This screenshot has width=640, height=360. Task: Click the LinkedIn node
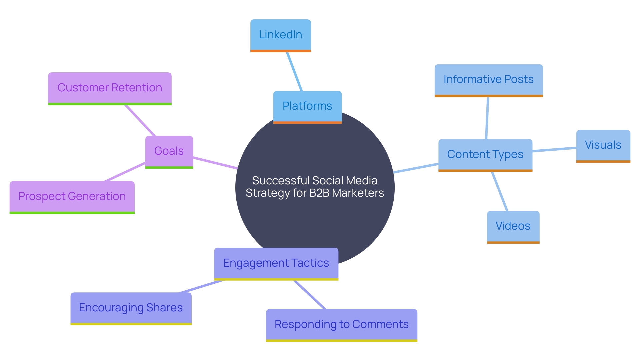pos(280,35)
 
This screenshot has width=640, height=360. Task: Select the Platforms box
pos(307,106)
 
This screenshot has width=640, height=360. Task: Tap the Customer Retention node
pos(110,88)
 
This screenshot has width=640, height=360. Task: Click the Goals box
pos(169,151)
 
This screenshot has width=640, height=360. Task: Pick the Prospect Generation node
pos(72,196)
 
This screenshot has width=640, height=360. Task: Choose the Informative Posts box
pos(488,80)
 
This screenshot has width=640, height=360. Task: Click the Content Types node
pos(485,154)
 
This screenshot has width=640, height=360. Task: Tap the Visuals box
pos(603,145)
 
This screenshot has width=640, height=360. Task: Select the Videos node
pos(513,226)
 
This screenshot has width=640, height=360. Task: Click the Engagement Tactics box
pos(276,263)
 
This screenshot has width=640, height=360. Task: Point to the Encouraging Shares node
pos(131,308)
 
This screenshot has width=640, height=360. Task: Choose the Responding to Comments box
pos(341,324)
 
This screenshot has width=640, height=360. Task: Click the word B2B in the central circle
pos(319,193)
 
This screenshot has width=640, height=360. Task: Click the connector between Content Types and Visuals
pos(554,150)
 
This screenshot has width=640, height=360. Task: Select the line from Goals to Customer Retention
pos(140,120)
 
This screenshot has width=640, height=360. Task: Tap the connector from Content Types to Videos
pos(500,191)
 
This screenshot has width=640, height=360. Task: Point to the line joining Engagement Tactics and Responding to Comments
pos(310,295)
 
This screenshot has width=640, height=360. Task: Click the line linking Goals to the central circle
pos(215,163)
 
